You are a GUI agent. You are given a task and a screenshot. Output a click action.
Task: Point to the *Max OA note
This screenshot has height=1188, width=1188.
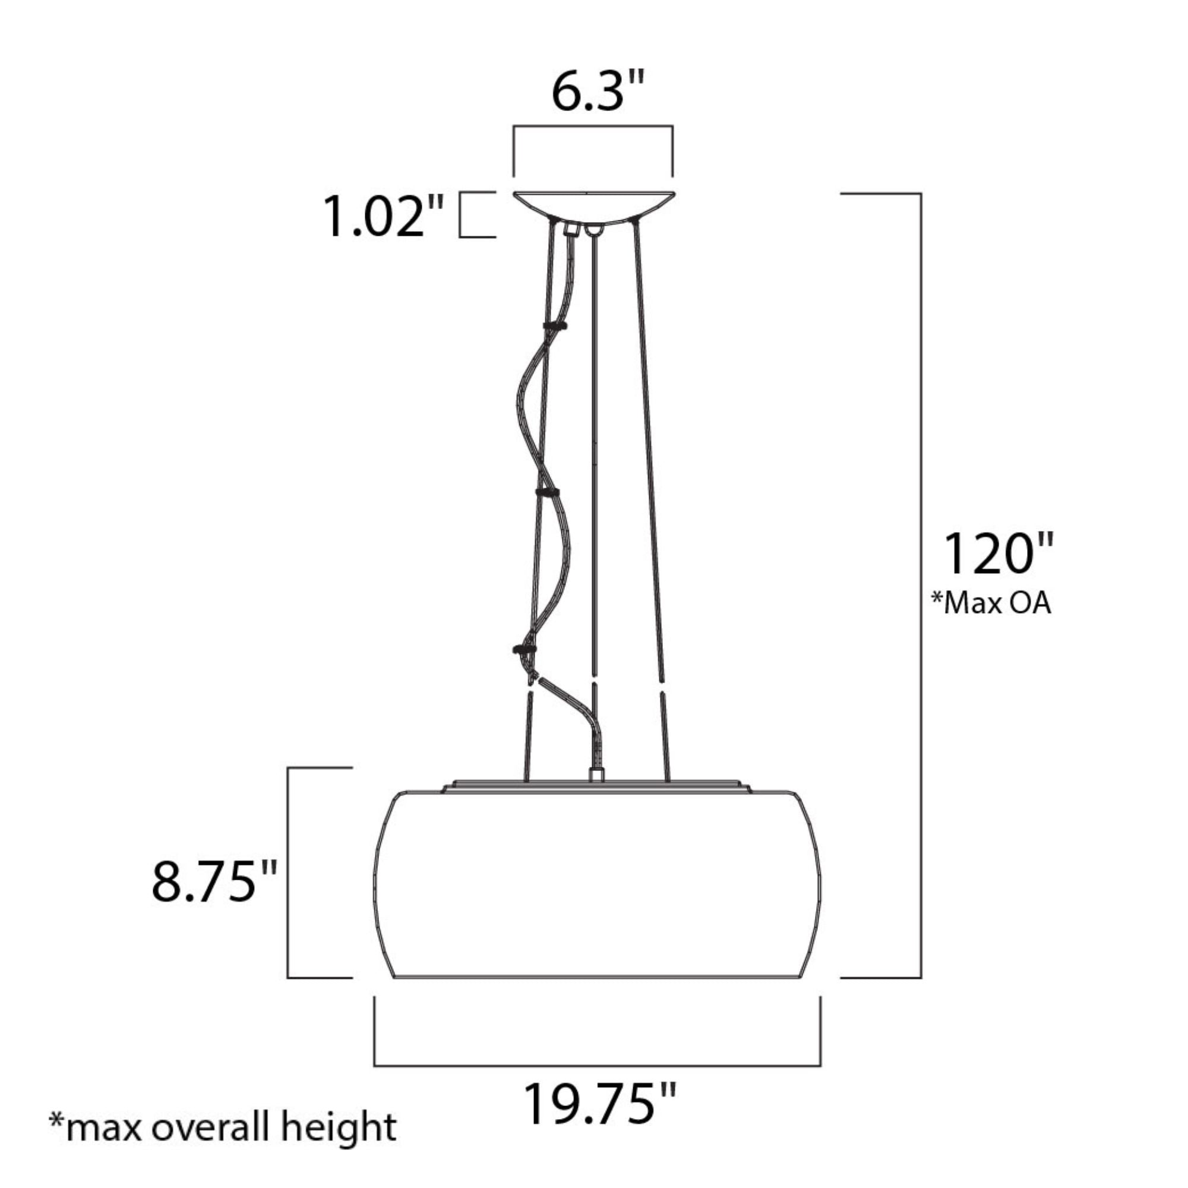[991, 604]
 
